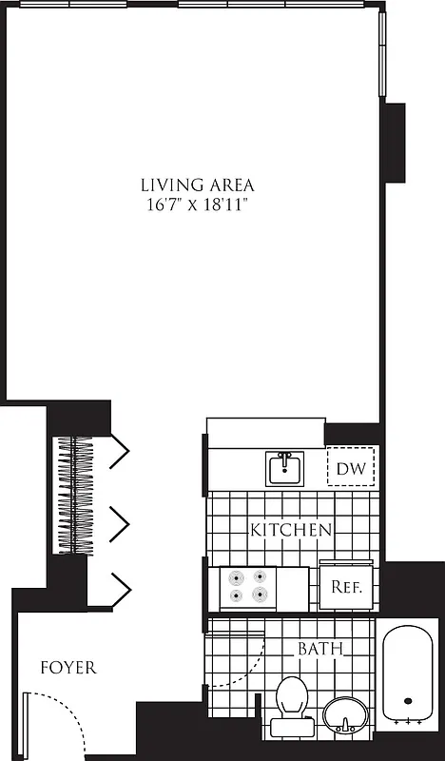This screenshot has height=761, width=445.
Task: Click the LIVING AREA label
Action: pos(197,185)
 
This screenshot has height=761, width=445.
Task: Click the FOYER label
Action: pos(68,668)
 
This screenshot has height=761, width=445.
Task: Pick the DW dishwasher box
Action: pos(351,468)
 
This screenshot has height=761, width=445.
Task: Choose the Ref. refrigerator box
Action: pos(346,587)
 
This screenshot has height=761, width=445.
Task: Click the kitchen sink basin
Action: pos(283,468)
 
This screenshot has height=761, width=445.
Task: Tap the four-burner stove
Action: pos(245,587)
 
